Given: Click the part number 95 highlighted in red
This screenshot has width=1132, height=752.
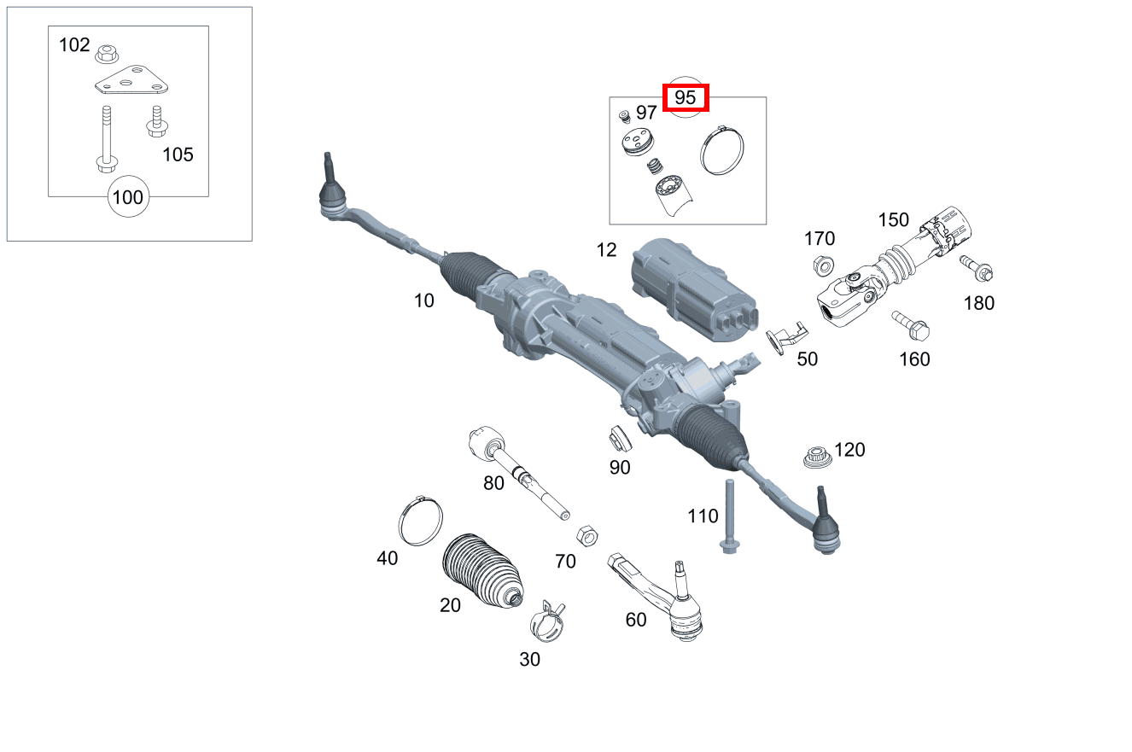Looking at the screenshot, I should (686, 97).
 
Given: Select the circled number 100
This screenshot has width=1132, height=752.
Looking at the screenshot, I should (128, 197).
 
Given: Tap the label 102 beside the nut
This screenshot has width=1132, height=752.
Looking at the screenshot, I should (74, 44).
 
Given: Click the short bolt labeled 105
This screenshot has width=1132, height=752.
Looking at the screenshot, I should (155, 121).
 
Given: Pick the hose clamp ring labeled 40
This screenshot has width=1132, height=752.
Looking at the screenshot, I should (421, 522).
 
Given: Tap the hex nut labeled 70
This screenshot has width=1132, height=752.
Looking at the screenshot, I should (586, 536).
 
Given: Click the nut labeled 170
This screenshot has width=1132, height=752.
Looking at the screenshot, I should (822, 265).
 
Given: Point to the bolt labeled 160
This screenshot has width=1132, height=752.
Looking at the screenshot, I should (911, 324).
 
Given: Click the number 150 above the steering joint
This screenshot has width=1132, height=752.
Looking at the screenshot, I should (894, 219).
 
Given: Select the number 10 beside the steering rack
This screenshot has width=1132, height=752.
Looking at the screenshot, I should (423, 300).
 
